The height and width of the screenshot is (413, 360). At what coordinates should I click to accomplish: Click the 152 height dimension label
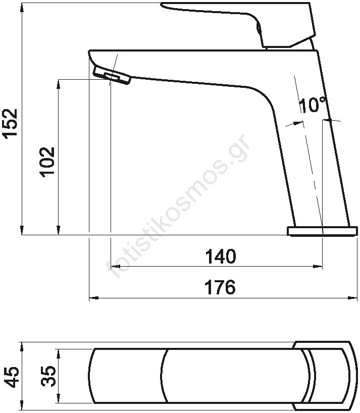coord(11,122)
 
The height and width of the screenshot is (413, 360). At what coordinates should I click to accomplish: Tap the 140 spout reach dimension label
coord(221,256)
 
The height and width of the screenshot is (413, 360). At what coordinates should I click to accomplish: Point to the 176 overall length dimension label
coord(220,287)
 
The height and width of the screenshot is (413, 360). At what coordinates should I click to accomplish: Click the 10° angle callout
coord(314,105)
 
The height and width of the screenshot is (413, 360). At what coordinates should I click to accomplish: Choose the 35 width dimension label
coord(48,376)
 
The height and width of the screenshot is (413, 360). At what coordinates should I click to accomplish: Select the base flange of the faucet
coord(322,231)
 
